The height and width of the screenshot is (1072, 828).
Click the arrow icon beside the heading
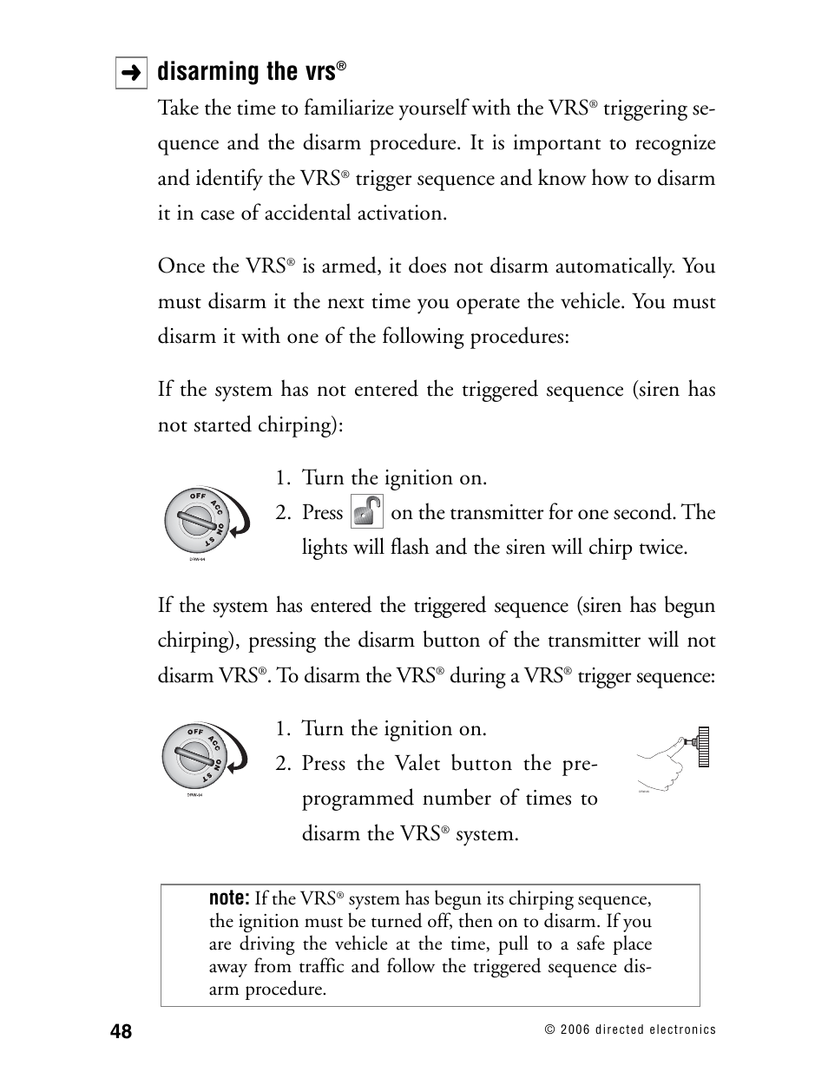(x=131, y=74)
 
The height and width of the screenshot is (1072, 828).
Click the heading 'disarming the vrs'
(x=246, y=72)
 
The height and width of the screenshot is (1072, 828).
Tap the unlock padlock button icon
(x=367, y=512)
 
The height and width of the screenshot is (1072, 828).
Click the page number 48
(x=122, y=1031)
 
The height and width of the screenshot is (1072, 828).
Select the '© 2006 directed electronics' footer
(x=629, y=1029)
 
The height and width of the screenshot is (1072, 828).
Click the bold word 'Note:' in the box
(x=229, y=898)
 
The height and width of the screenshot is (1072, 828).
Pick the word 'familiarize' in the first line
(x=335, y=109)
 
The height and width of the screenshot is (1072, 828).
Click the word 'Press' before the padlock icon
(x=322, y=513)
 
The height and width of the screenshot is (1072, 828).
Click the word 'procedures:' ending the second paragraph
(x=519, y=337)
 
